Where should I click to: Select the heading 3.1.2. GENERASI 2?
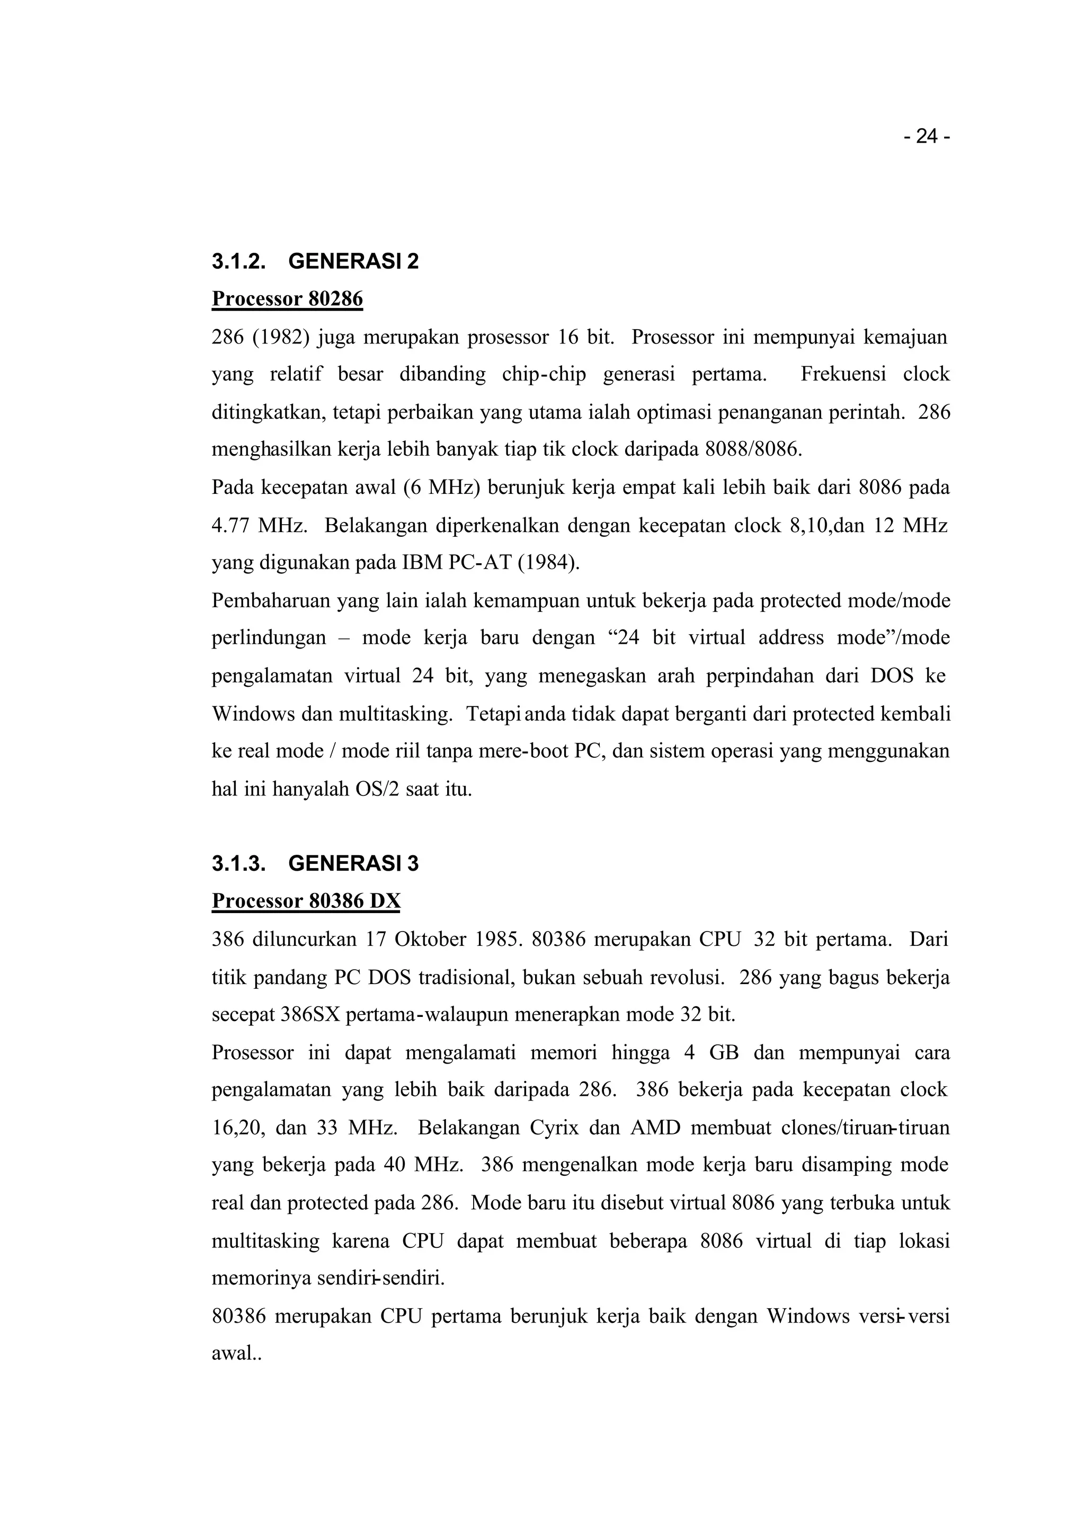click(315, 261)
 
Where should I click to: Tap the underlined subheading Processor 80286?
click(287, 299)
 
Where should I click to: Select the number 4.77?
click(231, 525)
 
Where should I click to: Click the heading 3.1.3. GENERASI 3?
click(315, 864)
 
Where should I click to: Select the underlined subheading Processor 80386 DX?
click(306, 901)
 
